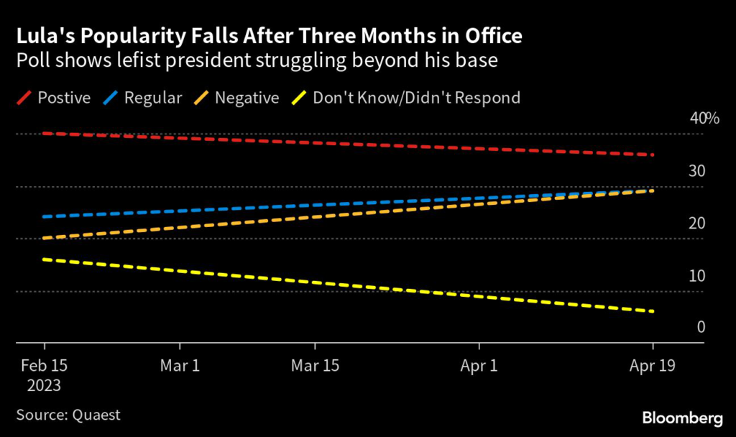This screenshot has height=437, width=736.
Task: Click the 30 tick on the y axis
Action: [697, 171]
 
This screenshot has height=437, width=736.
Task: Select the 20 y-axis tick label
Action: [697, 224]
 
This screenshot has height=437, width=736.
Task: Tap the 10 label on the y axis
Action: [697, 276]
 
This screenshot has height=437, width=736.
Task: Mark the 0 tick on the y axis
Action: [701, 328]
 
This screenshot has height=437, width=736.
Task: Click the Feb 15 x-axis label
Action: [44, 366]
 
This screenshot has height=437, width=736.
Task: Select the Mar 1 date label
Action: [180, 366]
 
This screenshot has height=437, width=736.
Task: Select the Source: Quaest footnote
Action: [68, 415]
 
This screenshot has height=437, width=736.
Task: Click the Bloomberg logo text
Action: [682, 418]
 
